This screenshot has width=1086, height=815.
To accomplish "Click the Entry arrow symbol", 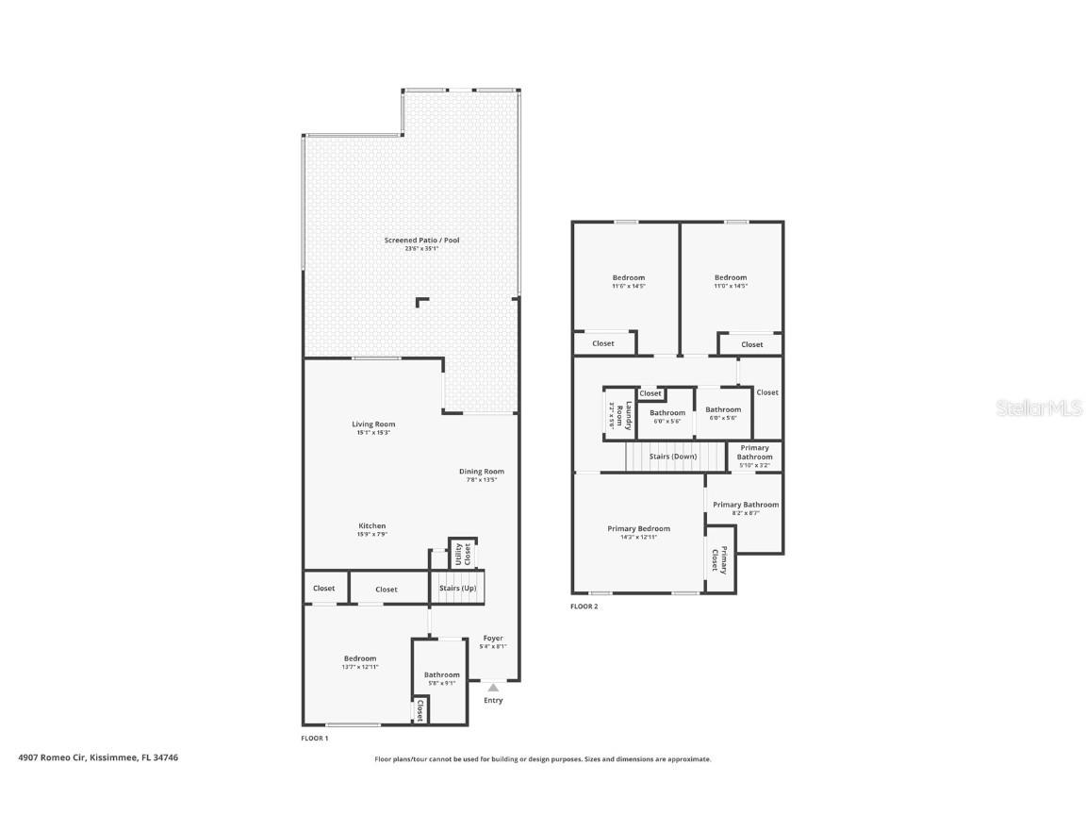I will pyautogui.click(x=493, y=688).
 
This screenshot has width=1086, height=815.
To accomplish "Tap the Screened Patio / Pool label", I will pyautogui.click(x=421, y=241).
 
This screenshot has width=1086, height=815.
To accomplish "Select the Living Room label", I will pyautogui.click(x=373, y=424).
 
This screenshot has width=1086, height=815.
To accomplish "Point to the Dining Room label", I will pyautogui.click(x=481, y=472).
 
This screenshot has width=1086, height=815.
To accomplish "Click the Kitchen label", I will pyautogui.click(x=371, y=526).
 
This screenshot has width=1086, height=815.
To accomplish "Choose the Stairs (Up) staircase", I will pyautogui.click(x=457, y=588).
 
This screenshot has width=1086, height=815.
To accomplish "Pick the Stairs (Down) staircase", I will pyautogui.click(x=673, y=457).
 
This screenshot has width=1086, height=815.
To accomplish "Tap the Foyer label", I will pyautogui.click(x=493, y=639).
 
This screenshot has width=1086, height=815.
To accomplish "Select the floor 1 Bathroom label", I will pyautogui.click(x=441, y=674).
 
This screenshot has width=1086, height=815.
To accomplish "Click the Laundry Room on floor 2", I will pyautogui.click(x=617, y=415).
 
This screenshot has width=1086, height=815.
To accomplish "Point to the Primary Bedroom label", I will pyautogui.click(x=638, y=529).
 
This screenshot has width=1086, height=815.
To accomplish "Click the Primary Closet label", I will pyautogui.click(x=719, y=560).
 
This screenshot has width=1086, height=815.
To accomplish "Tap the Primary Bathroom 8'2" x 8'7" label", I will pyautogui.click(x=746, y=505).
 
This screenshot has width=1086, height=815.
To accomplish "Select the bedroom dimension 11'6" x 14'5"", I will pyautogui.click(x=629, y=286).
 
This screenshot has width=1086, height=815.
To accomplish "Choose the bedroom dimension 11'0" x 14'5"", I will pyautogui.click(x=731, y=286).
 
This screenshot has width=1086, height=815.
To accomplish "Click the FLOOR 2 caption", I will pyautogui.click(x=584, y=607).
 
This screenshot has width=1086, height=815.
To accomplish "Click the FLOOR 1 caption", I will pyautogui.click(x=314, y=738).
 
